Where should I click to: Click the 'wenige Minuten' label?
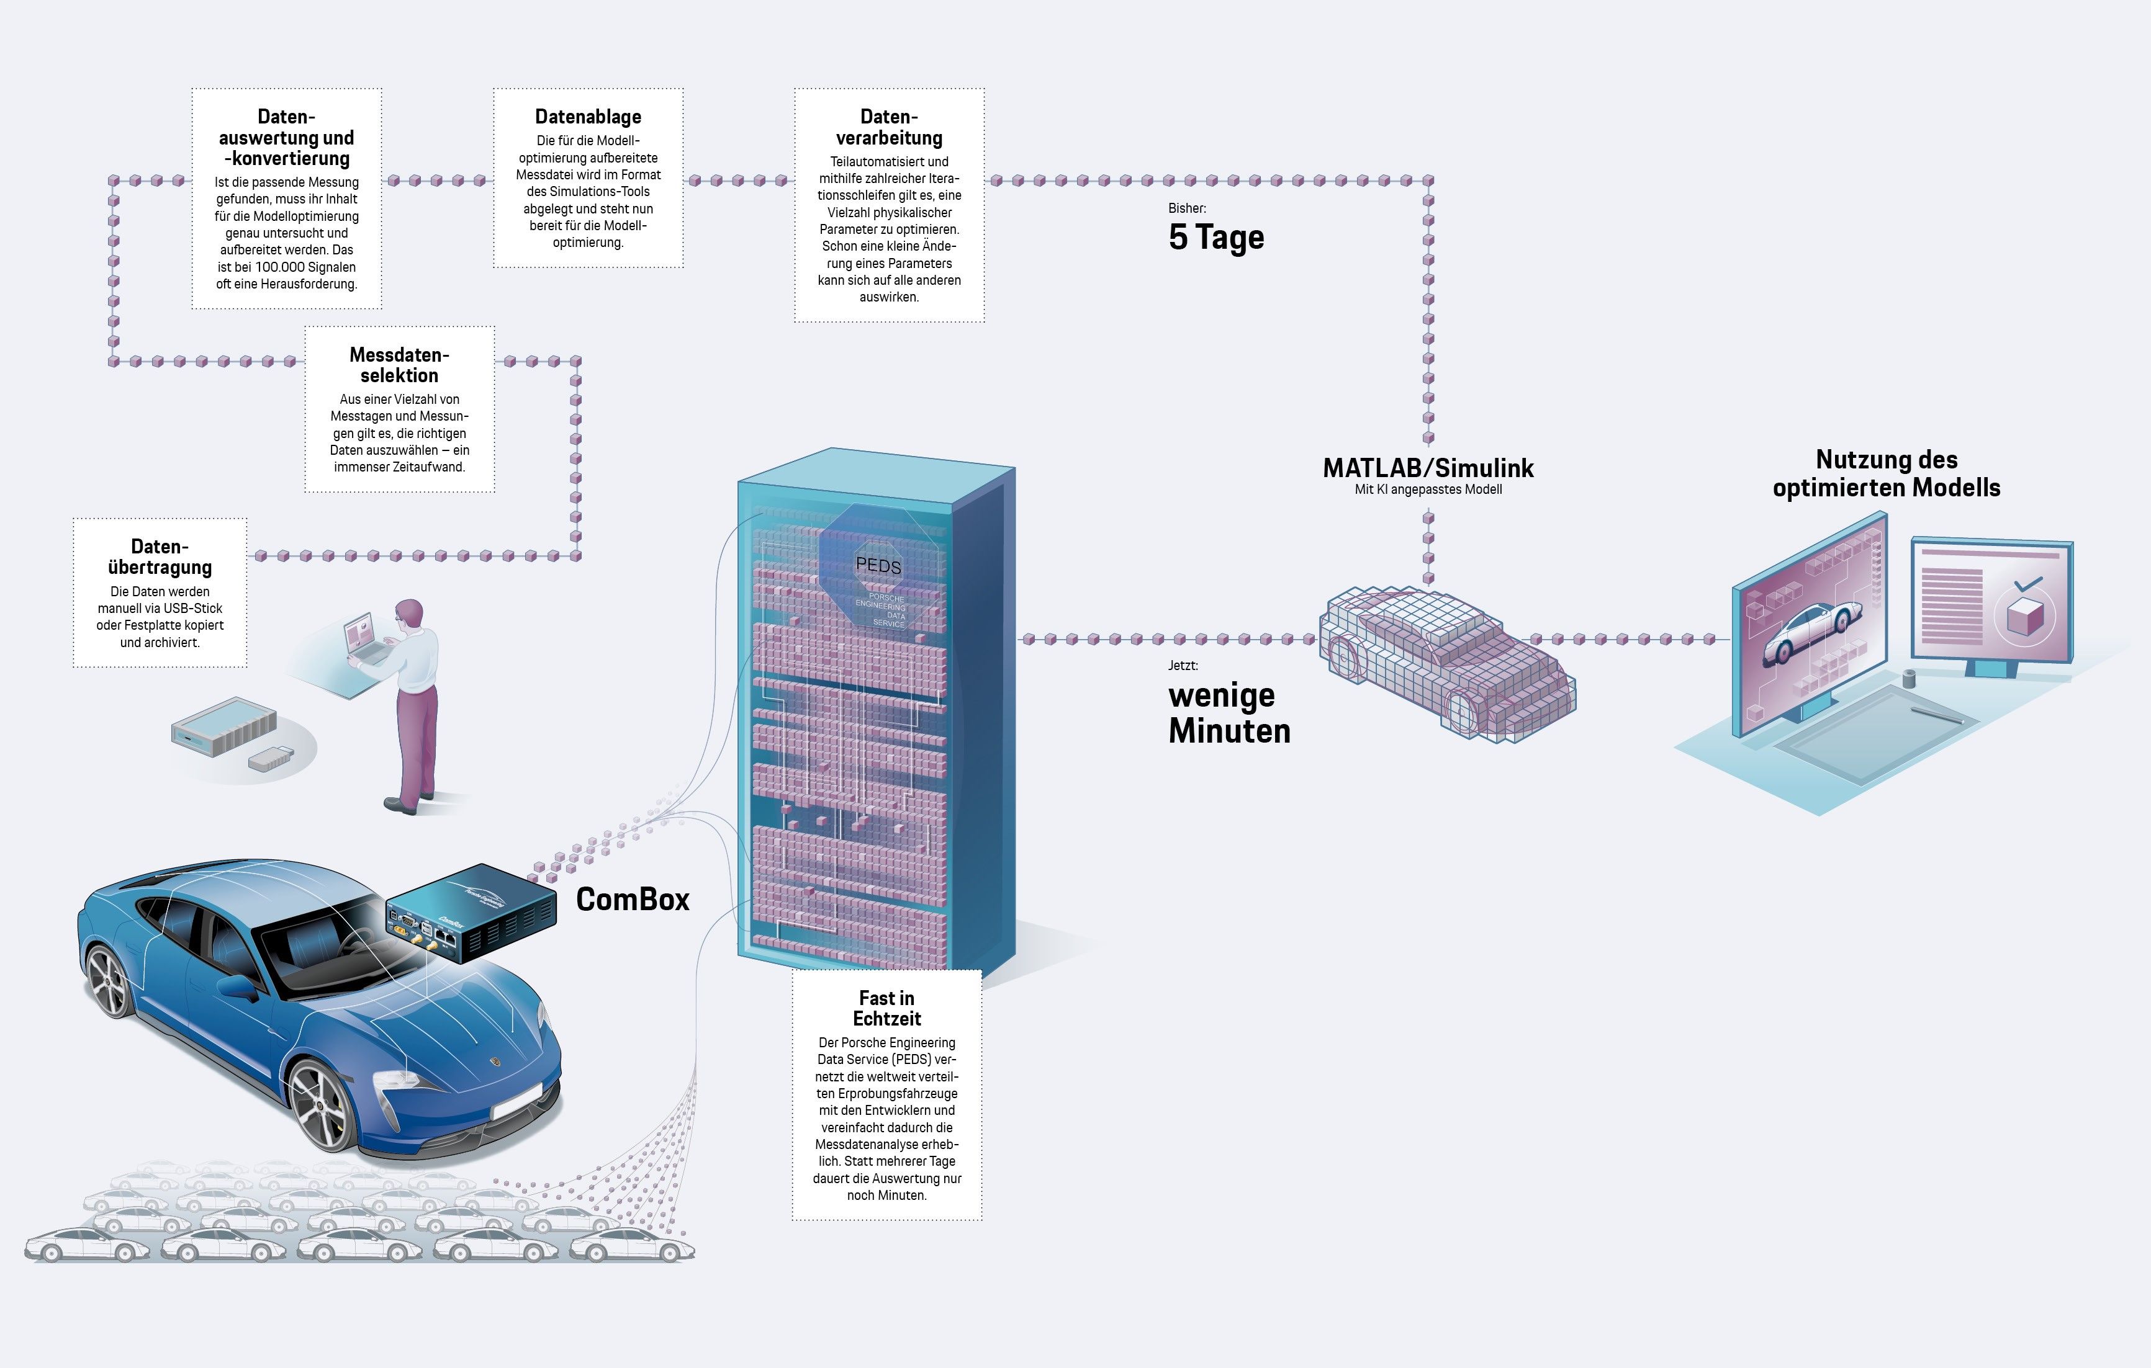[x=1229, y=713]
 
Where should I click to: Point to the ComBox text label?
[x=633, y=899]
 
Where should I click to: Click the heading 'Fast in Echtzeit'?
[x=886, y=1008]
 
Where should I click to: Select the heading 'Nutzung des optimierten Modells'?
[x=1886, y=473]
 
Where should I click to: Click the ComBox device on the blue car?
[x=470, y=912]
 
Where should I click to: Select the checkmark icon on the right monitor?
[x=2027, y=585]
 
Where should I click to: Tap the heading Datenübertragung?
[x=160, y=557]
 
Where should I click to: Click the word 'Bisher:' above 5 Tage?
[x=1187, y=208]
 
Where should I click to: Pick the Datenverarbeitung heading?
[x=889, y=127]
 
